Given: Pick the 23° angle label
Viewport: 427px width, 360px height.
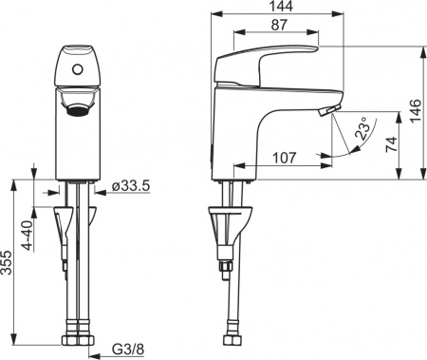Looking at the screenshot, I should pos(362,133).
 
